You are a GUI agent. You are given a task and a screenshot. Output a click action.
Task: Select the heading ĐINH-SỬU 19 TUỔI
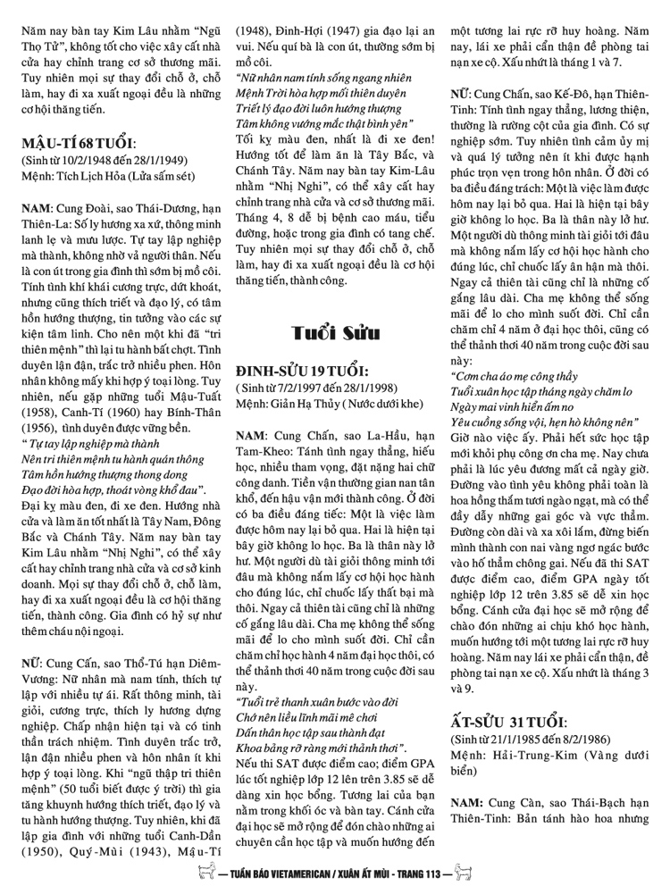305,371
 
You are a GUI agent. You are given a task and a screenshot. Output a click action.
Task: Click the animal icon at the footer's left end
207,873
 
